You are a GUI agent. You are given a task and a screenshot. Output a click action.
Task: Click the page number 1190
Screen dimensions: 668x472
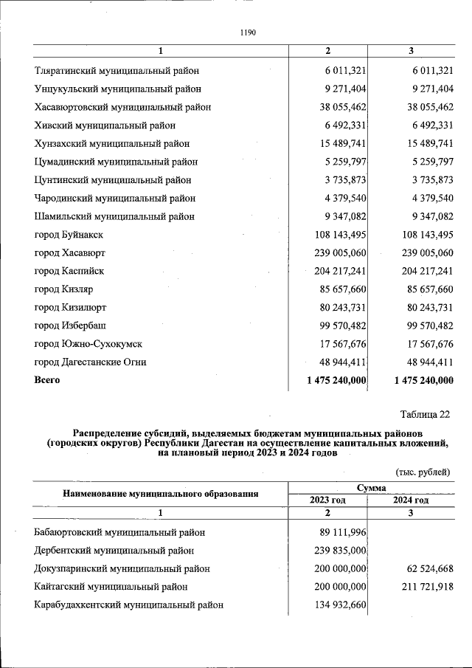248,32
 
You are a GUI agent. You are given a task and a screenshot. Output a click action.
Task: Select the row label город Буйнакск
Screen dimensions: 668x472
69,234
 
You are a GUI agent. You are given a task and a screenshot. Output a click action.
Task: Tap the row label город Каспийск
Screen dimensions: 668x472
69,270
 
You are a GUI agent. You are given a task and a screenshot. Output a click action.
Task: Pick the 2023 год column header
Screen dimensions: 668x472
327,500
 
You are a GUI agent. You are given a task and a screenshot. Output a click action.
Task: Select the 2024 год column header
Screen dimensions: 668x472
411,500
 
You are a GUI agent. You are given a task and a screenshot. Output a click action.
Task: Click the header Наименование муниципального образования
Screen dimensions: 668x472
160,494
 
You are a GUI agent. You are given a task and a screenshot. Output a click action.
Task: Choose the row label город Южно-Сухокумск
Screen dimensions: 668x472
88,343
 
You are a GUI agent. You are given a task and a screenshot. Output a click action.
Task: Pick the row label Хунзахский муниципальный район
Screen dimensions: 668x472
112,143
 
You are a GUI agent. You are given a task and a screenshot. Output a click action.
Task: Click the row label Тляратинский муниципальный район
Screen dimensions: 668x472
117,71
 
